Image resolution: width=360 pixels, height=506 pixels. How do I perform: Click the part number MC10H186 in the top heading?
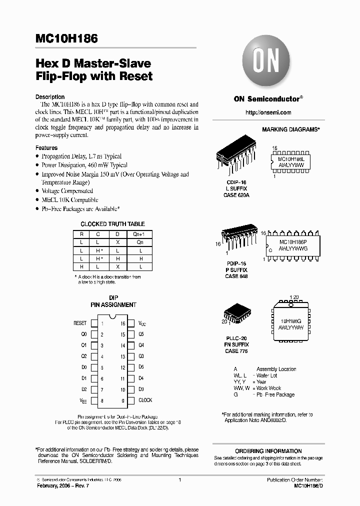point(66,38)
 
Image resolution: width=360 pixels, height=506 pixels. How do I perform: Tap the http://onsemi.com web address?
point(268,113)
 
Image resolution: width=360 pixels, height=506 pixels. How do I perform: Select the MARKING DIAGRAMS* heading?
point(290,129)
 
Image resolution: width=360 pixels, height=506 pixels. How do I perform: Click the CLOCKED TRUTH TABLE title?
point(113,224)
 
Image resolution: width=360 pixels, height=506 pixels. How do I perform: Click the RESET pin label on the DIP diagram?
point(80,323)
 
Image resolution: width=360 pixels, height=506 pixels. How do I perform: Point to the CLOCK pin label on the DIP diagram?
point(145,400)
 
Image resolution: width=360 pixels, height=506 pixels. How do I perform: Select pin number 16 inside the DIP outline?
point(122,323)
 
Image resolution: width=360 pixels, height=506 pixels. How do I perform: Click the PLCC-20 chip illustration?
point(235,313)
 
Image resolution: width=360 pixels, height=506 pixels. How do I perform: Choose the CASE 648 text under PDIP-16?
point(236,276)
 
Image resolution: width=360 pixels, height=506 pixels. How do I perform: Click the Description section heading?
point(50,97)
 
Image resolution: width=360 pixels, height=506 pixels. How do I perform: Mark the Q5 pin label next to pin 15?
point(141,334)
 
